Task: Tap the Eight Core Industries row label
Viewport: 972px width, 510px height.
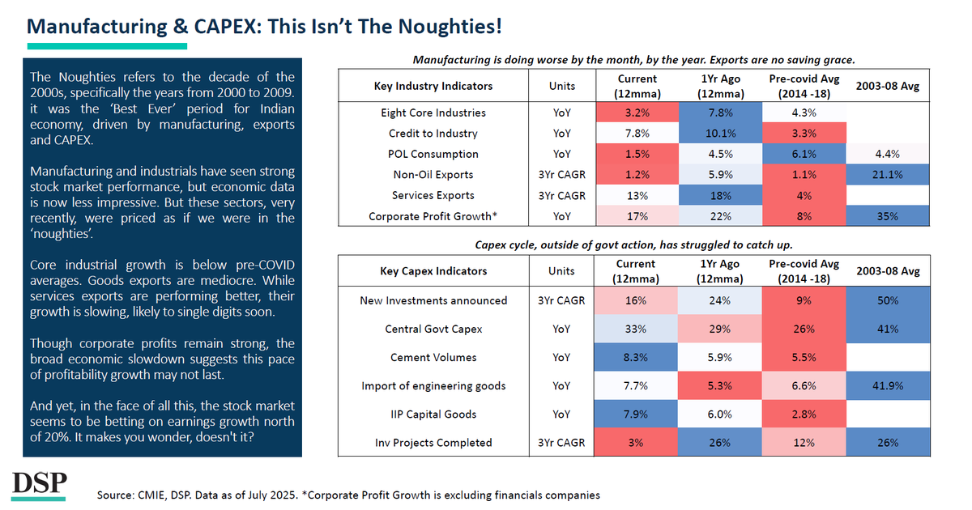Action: coord(433,113)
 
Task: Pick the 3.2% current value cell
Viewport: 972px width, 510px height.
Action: coord(637,113)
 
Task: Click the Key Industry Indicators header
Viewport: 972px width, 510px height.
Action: coord(433,86)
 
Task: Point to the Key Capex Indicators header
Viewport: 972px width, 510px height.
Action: coord(433,271)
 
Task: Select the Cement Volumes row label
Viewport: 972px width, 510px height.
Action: coord(433,358)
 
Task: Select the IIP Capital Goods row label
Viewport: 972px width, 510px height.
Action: coord(433,414)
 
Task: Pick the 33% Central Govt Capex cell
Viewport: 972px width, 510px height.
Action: coord(637,329)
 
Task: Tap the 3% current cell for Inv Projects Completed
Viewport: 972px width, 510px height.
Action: coord(637,443)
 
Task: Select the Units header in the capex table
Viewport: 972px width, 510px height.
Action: coord(561,271)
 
